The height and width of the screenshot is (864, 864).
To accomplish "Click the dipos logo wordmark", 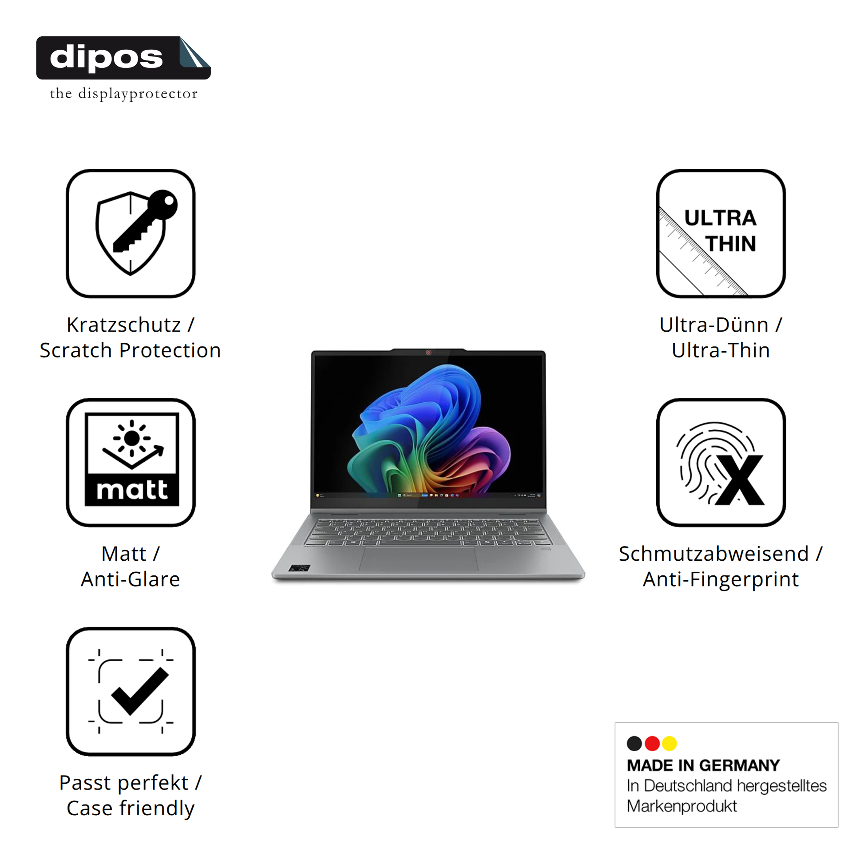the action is pyautogui.click(x=107, y=58).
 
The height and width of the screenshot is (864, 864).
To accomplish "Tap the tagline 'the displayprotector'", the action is pyautogui.click(x=124, y=94).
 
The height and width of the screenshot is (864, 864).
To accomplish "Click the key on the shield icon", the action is pyautogui.click(x=145, y=221).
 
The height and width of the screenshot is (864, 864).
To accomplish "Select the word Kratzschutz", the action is pyautogui.click(x=124, y=325).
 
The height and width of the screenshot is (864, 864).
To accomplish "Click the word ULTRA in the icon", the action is pyautogui.click(x=721, y=218).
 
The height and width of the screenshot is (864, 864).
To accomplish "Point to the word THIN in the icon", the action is pyautogui.click(x=731, y=244).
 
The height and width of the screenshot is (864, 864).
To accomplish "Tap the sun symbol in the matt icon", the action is pyautogui.click(x=132, y=438).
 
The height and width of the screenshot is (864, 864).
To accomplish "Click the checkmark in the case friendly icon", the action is pyautogui.click(x=140, y=691).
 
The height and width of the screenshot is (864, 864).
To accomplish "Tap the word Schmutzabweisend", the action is pyautogui.click(x=714, y=554).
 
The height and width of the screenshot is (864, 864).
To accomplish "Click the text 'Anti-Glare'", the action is pyautogui.click(x=131, y=579).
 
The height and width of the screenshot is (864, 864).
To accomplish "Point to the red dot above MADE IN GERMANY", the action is pyautogui.click(x=652, y=743).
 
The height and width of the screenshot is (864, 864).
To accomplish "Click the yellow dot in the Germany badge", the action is pyautogui.click(x=670, y=743).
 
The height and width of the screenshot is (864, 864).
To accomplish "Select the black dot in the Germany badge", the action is pyautogui.click(x=634, y=743).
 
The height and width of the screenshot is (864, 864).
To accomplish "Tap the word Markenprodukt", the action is pyautogui.click(x=682, y=806).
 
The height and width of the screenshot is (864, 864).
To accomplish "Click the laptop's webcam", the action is pyautogui.click(x=428, y=353).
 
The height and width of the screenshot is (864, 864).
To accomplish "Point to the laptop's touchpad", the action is pyautogui.click(x=419, y=559).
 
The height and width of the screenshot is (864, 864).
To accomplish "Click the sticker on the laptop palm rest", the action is pyautogui.click(x=300, y=568).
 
